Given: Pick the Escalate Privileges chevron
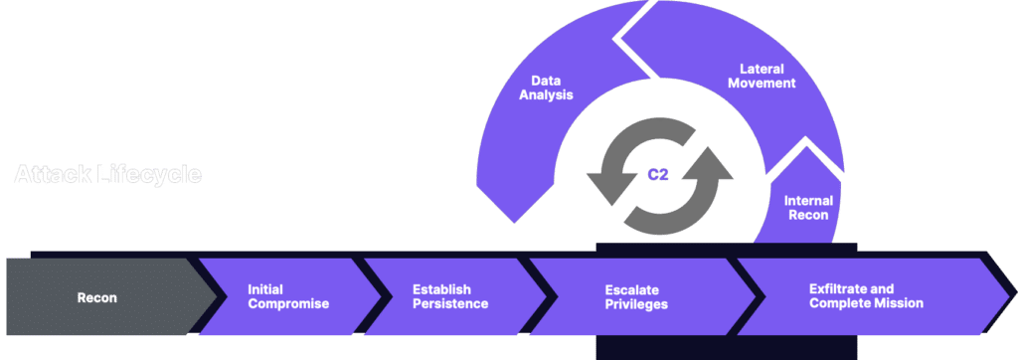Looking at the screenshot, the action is [x=636, y=296].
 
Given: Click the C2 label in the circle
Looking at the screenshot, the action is [x=657, y=173].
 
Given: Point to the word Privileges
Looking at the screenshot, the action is [x=636, y=303].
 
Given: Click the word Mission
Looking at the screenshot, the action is [x=899, y=303].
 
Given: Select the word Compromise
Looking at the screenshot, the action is [x=288, y=303].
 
